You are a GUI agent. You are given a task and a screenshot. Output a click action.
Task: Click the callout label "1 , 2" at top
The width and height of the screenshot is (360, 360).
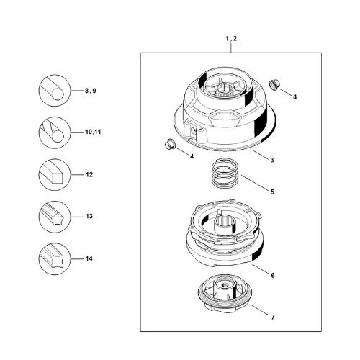click(x=231, y=38)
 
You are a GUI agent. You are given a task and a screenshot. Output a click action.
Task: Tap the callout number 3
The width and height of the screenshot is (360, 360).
click(x=272, y=160)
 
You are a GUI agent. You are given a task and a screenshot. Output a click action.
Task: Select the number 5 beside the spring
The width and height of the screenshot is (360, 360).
click(x=272, y=192)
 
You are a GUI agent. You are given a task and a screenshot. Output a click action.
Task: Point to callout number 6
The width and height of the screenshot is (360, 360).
click(x=273, y=275)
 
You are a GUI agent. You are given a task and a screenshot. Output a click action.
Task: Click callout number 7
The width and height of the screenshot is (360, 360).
click(x=273, y=317)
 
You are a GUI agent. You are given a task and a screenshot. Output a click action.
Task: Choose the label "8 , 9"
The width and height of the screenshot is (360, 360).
click(x=91, y=91)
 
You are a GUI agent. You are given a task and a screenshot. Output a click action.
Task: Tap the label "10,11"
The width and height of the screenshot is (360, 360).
click(x=93, y=132)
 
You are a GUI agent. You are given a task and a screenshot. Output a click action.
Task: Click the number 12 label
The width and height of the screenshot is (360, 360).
click(x=89, y=174)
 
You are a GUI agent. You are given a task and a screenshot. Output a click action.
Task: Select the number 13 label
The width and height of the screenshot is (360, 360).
click(x=89, y=216)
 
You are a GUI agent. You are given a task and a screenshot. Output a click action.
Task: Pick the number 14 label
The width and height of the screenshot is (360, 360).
click(x=89, y=258)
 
